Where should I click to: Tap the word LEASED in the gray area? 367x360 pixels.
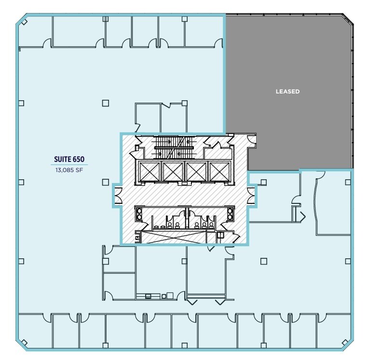tap(287, 92)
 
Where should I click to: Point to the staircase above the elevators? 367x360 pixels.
tap(172, 147)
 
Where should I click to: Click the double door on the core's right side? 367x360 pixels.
tap(251, 195)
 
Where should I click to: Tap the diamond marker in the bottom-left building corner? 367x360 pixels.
tap(22, 343)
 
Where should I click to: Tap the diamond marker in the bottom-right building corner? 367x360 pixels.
tap(345, 343)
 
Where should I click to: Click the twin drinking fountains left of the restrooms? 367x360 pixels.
tap(139, 213)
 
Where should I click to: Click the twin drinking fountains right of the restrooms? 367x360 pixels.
tap(230, 213)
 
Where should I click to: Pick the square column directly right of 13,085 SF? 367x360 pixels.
tap(105, 182)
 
